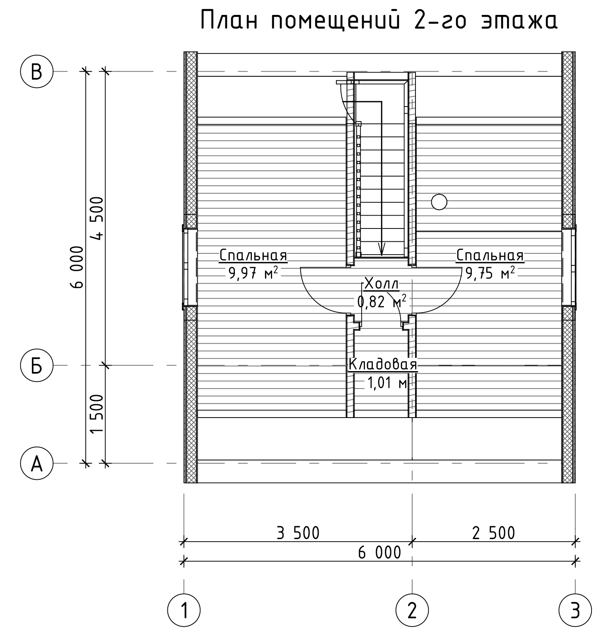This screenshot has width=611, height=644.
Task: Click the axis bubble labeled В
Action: coord(37,72)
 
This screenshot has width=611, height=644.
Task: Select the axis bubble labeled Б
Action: coord(37,365)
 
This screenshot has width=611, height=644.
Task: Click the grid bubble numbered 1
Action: coord(184,610)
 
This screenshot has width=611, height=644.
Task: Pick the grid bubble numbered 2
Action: coord(412,610)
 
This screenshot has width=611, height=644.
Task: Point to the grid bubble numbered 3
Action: coord(575,610)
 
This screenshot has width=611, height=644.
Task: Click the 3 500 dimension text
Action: coord(298,533)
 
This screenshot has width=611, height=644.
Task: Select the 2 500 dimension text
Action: coord(493,533)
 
